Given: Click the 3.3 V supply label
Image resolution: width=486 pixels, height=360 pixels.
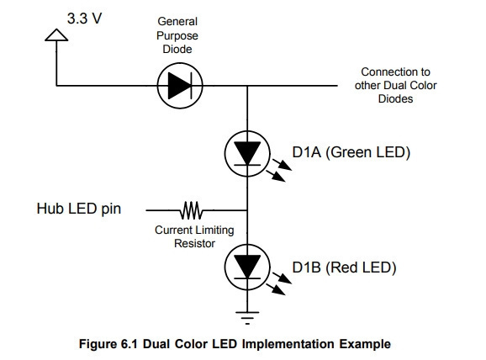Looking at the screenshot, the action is click(84, 19).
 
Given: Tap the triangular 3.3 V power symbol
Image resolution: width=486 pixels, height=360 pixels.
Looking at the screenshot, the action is click(56, 34).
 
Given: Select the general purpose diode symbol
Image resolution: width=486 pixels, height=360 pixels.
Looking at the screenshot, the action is click(180, 86).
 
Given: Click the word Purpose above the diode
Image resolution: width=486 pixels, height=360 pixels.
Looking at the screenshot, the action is click(177, 35).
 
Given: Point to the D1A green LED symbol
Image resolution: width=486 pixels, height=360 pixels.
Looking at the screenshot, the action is click(247, 154).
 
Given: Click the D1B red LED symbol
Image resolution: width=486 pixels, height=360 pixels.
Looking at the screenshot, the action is click(247, 267).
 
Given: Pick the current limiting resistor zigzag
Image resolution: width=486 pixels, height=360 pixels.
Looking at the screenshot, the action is click(191, 210).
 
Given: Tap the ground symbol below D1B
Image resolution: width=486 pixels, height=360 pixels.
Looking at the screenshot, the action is click(247, 318).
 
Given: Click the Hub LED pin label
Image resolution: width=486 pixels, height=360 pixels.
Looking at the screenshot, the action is click(79, 209).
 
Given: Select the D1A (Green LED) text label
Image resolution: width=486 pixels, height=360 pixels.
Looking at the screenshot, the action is click(351, 152).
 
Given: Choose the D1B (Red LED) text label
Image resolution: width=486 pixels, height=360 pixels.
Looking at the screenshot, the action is click(344, 267).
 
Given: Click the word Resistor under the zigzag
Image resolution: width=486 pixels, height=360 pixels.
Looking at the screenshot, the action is click(194, 243).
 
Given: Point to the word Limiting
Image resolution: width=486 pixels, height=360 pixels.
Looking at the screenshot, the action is click(214, 230).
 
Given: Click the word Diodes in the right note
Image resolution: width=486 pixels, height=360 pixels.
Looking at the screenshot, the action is click(395, 99).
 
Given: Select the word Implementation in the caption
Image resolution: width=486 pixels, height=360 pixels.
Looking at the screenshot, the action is click(288, 344).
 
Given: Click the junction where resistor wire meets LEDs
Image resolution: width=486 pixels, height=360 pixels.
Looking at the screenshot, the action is click(247, 210).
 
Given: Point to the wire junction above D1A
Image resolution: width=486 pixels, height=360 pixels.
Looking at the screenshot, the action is click(247, 86).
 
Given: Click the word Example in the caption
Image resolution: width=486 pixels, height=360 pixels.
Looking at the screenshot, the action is click(365, 344).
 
